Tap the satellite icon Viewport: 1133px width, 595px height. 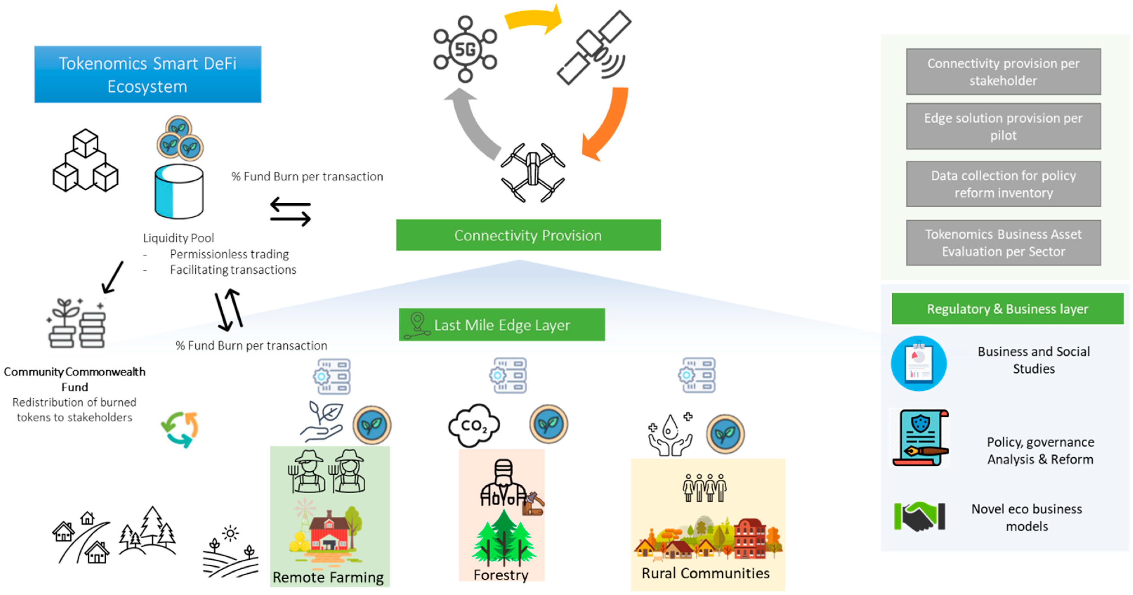[594, 48]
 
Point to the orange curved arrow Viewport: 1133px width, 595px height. [607, 123]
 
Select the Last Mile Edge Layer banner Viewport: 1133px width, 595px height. [501, 325]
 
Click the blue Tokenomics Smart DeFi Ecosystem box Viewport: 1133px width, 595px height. [148, 74]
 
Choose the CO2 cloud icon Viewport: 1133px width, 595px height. [474, 425]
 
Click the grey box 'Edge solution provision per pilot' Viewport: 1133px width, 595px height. [1003, 126]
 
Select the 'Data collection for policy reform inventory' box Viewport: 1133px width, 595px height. [1003, 184]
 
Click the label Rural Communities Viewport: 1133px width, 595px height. [706, 573]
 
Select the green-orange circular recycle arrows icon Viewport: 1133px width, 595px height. [179, 429]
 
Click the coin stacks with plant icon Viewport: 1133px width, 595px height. [77, 324]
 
